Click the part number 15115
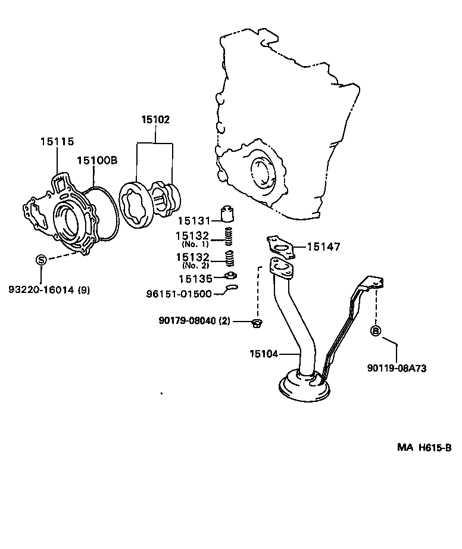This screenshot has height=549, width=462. click(57, 142)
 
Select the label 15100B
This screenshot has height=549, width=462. click(96, 160)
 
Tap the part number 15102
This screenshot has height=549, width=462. click(155, 120)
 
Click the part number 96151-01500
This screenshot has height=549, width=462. click(179, 294)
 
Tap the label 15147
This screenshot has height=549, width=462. click(325, 247)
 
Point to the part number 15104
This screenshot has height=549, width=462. click(263, 354)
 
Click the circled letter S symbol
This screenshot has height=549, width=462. click(41, 259)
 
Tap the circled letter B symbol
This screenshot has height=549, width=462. click(376, 330)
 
